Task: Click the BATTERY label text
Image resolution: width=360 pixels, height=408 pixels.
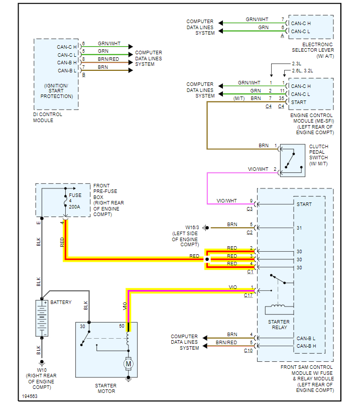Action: click(61, 302)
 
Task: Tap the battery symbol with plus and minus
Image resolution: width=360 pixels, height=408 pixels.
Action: click(42, 318)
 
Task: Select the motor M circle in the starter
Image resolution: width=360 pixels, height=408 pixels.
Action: click(128, 363)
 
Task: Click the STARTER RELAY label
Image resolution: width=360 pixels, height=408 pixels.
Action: click(279, 325)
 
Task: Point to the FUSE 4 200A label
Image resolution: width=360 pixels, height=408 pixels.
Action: click(74, 201)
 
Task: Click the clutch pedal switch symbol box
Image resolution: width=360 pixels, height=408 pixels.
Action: click(292, 161)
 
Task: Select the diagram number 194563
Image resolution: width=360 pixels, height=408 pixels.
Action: click(29, 397)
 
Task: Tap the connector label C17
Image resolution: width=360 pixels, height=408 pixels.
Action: click(249, 295)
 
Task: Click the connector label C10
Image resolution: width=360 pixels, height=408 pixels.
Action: click(249, 350)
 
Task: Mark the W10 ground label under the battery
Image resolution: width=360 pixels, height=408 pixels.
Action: click(42, 370)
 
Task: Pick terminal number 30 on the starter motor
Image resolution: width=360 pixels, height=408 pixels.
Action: click(82, 327)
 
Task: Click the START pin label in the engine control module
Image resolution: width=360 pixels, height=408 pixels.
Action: click(299, 102)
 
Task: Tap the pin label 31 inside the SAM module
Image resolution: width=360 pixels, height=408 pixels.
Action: click(299, 228)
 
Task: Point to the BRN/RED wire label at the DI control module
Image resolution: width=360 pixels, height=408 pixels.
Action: click(108, 59)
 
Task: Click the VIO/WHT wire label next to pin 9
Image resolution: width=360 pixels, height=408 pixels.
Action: click(226, 200)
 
